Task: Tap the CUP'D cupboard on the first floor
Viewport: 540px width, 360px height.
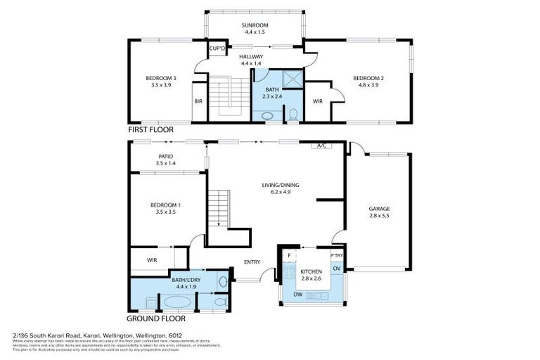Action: tap(217, 49)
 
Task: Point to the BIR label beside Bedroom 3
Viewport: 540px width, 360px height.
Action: tap(198, 101)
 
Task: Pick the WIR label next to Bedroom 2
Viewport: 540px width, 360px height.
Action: tap(317, 101)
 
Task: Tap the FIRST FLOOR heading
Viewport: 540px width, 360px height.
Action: tap(151, 131)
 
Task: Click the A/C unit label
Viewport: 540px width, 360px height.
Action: tap(322, 146)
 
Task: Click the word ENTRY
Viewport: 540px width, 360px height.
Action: tap(252, 262)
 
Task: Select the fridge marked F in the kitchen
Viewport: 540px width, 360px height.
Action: tap(288, 255)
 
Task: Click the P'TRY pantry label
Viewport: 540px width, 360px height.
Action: tap(337, 255)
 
